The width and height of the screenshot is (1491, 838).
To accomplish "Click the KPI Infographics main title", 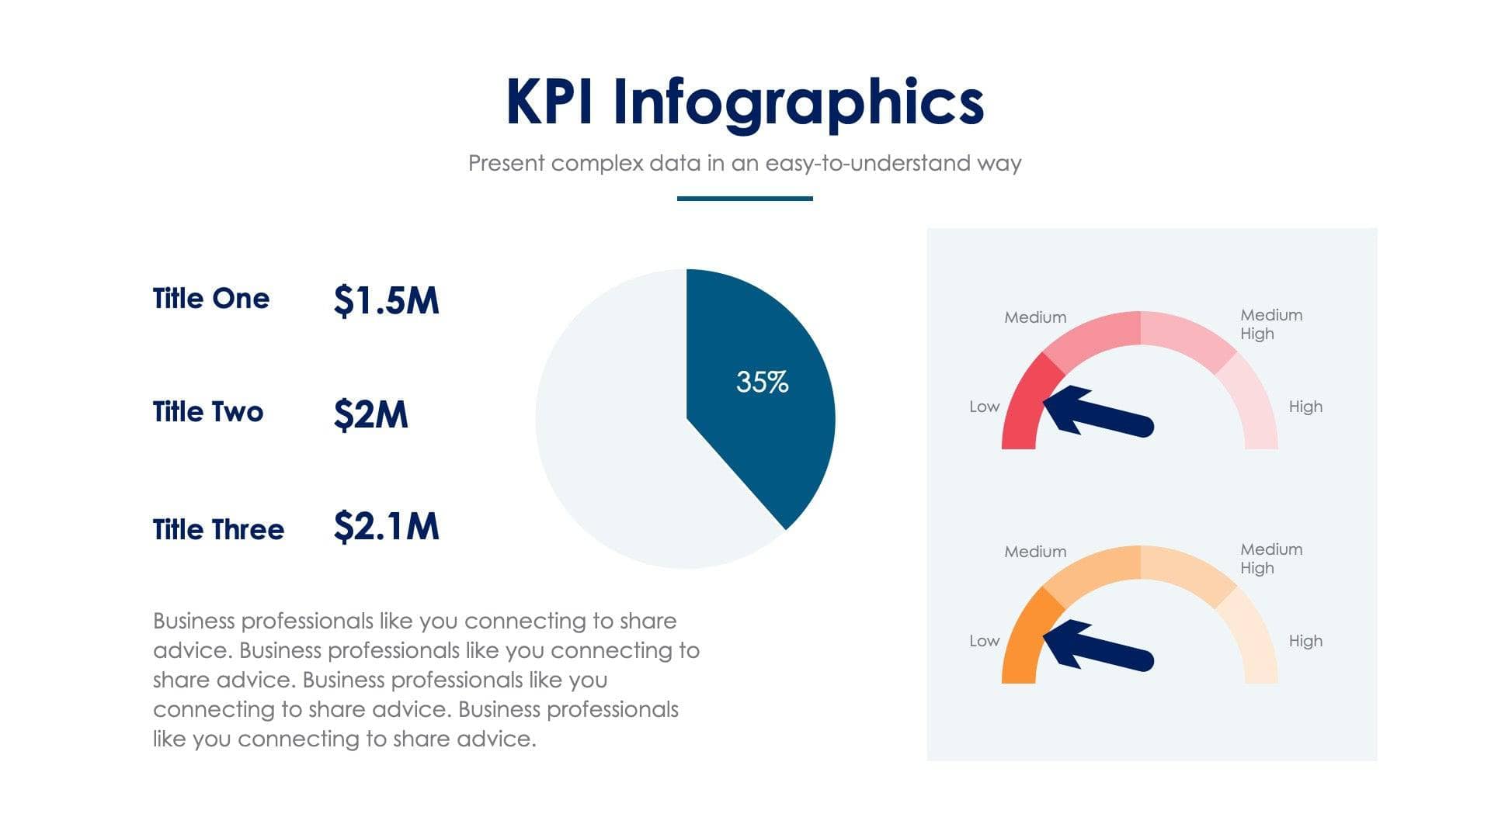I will pyautogui.click(x=745, y=102).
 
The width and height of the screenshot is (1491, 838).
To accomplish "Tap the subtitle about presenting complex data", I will pyautogui.click(x=745, y=163).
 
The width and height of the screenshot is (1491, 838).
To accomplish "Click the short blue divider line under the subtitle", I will pyautogui.click(x=745, y=199).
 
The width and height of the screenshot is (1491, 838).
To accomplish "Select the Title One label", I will pyautogui.click(x=210, y=299).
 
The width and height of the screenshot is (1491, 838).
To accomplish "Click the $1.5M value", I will pyautogui.click(x=386, y=300).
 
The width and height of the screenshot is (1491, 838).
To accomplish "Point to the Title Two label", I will pyautogui.click(x=207, y=412).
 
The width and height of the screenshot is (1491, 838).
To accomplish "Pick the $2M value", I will pyautogui.click(x=370, y=414).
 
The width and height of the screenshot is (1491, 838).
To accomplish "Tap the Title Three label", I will pyautogui.click(x=218, y=530).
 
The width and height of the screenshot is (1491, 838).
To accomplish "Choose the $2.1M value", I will pyautogui.click(x=386, y=527).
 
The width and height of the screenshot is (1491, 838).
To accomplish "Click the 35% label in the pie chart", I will pyautogui.click(x=762, y=382).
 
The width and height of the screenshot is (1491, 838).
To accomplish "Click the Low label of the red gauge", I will pyautogui.click(x=984, y=407).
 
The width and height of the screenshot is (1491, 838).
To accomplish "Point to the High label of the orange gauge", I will pyautogui.click(x=1305, y=641).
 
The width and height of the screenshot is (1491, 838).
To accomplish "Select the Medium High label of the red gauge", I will pyautogui.click(x=1270, y=324).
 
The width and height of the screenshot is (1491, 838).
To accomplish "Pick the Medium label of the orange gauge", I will pyautogui.click(x=1035, y=552).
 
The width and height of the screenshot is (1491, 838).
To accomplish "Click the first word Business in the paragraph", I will pyautogui.click(x=193, y=622).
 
